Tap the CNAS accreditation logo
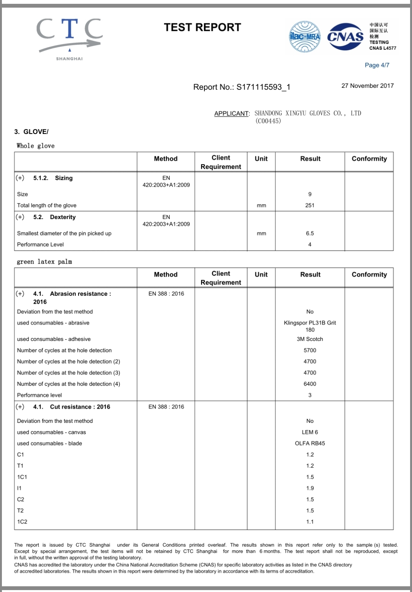tap(346, 37)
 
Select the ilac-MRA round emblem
tap(304, 37)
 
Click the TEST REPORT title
tap(202, 27)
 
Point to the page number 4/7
tap(377, 65)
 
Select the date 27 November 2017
tap(367, 86)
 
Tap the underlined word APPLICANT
tap(231, 113)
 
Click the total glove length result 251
tap(310, 205)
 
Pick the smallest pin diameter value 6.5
tap(310, 233)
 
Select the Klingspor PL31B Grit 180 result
tap(310, 326)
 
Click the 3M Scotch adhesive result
tap(310, 339)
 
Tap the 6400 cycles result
tap(310, 384)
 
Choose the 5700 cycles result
tap(310, 350)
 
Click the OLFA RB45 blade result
tap(310, 444)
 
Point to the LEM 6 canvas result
tap(310, 432)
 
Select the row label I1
tap(19, 488)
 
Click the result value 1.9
tap(310, 488)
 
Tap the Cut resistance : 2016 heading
tap(80, 407)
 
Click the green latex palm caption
tap(44, 262)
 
